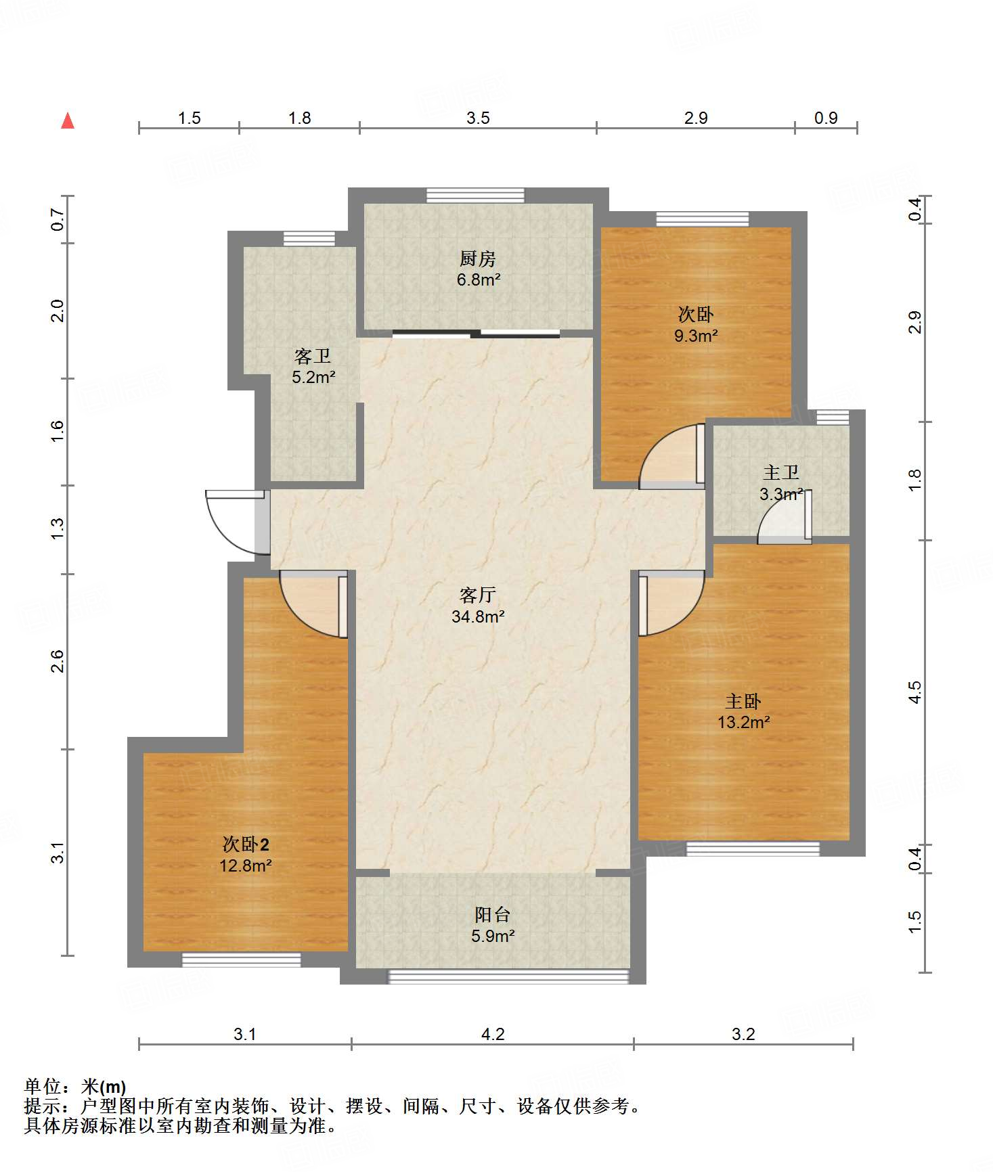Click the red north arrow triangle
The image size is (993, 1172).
(68, 120)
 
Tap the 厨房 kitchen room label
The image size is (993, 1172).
(478, 258)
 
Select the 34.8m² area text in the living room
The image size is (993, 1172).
(478, 616)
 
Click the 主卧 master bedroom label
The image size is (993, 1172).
(743, 701)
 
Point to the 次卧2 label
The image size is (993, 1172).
(246, 844)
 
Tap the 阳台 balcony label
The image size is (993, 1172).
(492, 915)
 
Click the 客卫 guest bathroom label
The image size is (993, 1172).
(313, 356)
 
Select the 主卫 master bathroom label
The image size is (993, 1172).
(781, 472)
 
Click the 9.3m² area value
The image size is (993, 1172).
(696, 336)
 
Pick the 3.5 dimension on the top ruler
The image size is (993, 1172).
(478, 118)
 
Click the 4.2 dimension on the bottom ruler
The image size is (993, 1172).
(493, 1034)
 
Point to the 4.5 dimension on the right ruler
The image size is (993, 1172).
(914, 692)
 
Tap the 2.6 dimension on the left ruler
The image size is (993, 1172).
(58, 661)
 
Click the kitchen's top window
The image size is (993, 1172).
(475, 195)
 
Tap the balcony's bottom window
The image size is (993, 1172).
(508, 976)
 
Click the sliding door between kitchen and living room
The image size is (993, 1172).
(476, 333)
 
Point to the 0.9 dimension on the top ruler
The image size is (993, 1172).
(826, 118)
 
